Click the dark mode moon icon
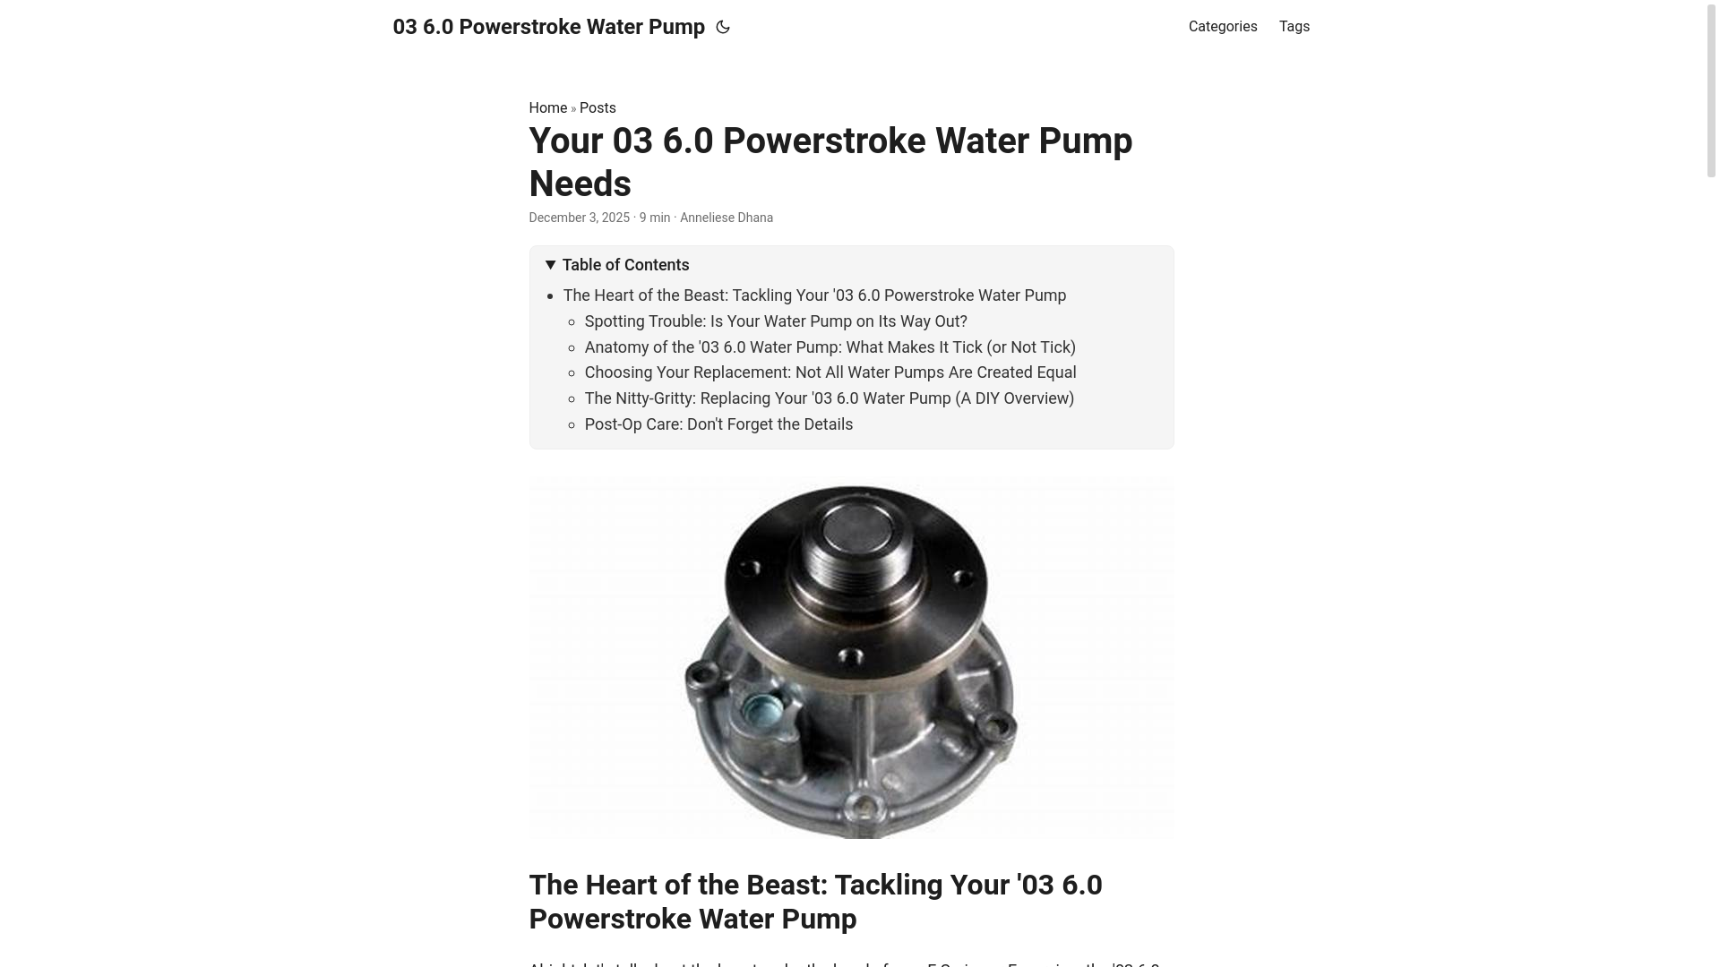tap(723, 28)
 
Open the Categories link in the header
tap(1222, 27)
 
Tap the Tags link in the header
tap(1294, 27)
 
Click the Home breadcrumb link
tap(547, 108)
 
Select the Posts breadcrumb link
tap(598, 108)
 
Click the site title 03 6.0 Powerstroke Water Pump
tap(548, 28)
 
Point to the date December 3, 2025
tap(579, 218)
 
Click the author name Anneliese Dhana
tap(726, 218)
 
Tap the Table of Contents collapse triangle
tap(551, 265)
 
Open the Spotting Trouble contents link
tap(775, 321)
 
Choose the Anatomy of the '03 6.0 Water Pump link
tap(830, 347)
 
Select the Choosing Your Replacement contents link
tap(830, 372)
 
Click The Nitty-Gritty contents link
tap(829, 398)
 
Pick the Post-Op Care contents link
tap(718, 424)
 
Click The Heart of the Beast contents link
tap(814, 295)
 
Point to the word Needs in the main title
tap(580, 184)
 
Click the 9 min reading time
tap(654, 218)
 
